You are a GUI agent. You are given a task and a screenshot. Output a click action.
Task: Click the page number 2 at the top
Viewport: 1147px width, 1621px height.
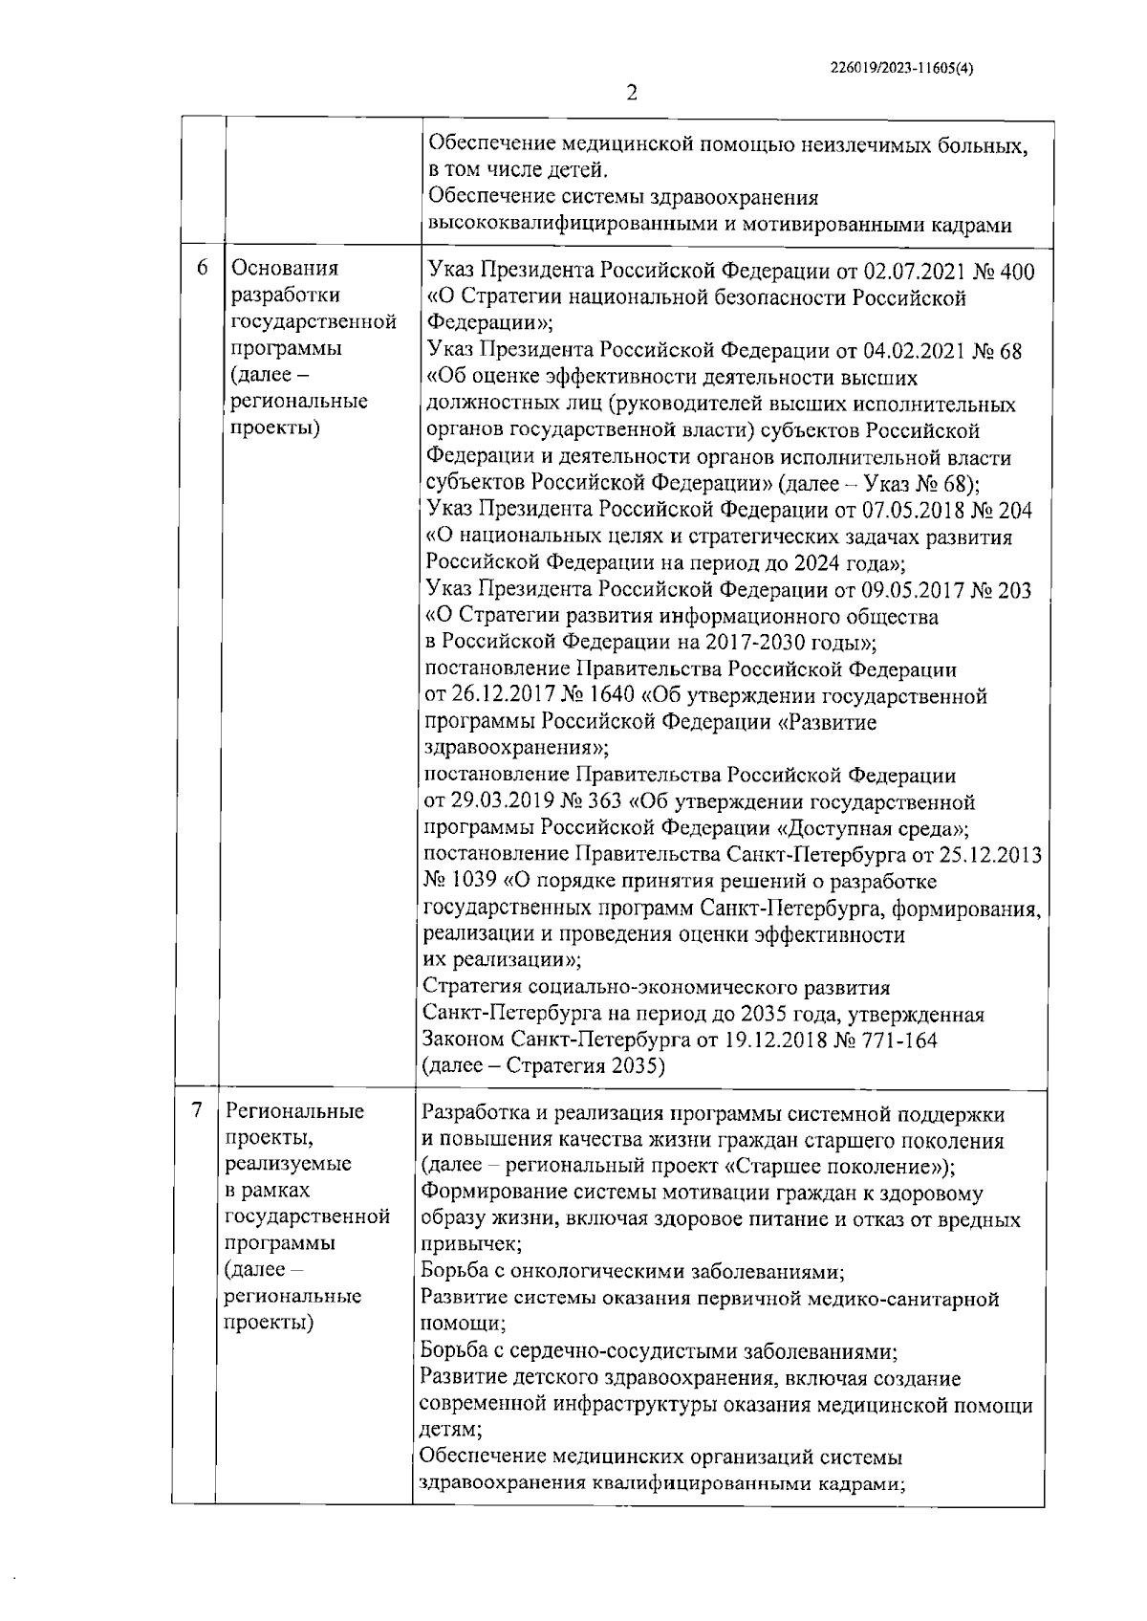point(631,94)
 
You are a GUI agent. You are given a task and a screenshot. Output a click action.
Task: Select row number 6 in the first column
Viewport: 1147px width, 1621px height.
point(202,269)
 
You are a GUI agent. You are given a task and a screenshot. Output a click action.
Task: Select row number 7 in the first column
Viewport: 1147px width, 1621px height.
point(197,1111)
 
